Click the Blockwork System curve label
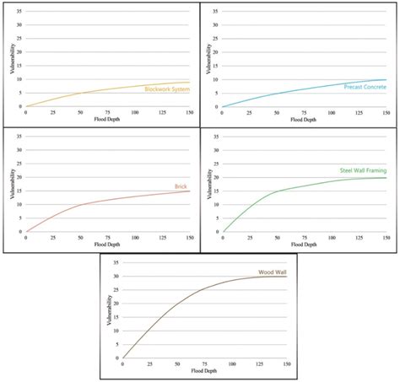166,89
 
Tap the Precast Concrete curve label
365,87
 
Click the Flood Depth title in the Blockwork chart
107,119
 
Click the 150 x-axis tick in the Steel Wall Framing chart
386,239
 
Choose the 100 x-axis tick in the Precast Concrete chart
331,113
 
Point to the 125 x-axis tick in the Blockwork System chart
162,113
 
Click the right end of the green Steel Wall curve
386,177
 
